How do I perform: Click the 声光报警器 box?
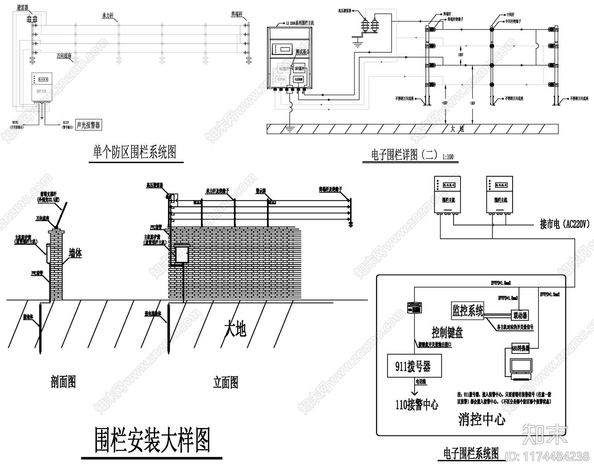tap(88, 125)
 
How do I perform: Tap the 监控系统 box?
tap(467, 310)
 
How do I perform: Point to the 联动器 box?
tap(520, 315)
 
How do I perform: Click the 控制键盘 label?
tap(447, 333)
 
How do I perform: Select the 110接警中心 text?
tap(417, 404)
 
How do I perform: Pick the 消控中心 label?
tap(482, 420)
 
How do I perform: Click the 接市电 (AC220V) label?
tap(564, 224)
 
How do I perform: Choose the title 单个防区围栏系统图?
tap(134, 152)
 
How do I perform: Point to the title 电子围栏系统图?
tap(471, 454)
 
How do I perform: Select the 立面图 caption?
tap(225, 382)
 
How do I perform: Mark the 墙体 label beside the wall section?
tap(75, 254)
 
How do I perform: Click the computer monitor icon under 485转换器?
tap(520, 367)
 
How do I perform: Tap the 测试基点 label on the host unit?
tap(302, 52)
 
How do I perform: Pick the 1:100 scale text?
tap(448, 157)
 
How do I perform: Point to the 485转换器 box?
tap(520, 349)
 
